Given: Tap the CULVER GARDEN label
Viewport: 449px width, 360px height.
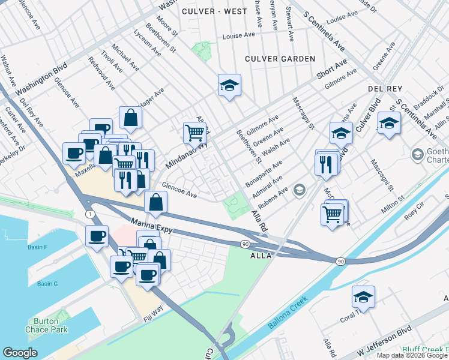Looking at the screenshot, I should (280, 59).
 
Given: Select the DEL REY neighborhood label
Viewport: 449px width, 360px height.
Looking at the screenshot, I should (384, 88).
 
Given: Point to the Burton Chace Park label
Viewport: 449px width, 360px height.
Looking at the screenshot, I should (46, 325).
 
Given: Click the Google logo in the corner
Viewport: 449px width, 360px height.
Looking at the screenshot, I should (20, 353).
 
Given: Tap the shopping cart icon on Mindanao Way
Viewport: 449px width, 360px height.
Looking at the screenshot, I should (194, 133).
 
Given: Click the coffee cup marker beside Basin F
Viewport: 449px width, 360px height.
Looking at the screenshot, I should (97, 236).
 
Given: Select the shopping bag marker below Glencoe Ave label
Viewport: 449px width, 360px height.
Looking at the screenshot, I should (155, 203).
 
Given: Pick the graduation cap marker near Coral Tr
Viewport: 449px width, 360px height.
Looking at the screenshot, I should (363, 297).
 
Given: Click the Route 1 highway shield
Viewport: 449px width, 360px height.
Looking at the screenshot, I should (89, 214).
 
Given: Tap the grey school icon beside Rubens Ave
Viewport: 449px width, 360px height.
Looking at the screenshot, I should (299, 191).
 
